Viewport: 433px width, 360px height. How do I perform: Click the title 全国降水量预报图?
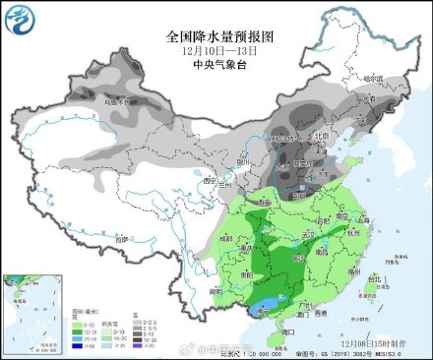click(217, 35)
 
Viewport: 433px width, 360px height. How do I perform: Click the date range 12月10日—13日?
click(217, 49)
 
